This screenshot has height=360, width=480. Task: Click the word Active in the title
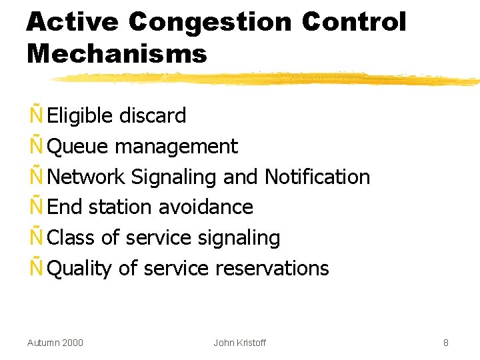(x=72, y=22)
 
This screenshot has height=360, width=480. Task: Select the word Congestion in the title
(x=209, y=22)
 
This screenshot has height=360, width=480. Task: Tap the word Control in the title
(x=353, y=22)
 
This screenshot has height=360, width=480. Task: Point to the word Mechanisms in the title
(x=117, y=53)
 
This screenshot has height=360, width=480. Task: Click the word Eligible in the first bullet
(x=81, y=115)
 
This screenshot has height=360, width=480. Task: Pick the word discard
(x=153, y=115)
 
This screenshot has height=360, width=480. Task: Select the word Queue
(x=80, y=146)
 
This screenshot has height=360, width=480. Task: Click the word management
(x=177, y=146)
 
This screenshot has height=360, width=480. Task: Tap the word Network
(x=87, y=177)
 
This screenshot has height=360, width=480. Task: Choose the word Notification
(x=317, y=177)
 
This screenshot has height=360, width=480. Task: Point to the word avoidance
(x=205, y=207)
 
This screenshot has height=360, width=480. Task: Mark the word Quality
(x=80, y=268)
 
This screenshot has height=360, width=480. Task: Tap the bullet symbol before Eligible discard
(x=36, y=115)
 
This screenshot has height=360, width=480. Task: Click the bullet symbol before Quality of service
(x=36, y=268)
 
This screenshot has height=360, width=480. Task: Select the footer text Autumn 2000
(x=55, y=343)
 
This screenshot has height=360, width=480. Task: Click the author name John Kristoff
(x=239, y=343)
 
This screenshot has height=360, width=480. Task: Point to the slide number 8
(x=445, y=343)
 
